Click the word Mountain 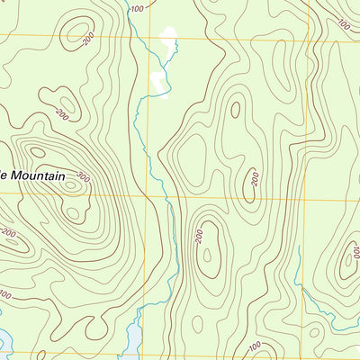(x=37, y=176)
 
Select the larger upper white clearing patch (x=166, y=40)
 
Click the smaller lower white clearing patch (x=159, y=82)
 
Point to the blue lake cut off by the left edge (x=4, y=342)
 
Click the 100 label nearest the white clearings (x=136, y=9)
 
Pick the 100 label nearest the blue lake (x=5, y=294)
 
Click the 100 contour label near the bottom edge (x=255, y=346)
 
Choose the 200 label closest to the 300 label (x=61, y=114)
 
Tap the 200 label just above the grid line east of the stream (x=256, y=179)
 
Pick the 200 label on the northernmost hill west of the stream (x=87, y=41)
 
